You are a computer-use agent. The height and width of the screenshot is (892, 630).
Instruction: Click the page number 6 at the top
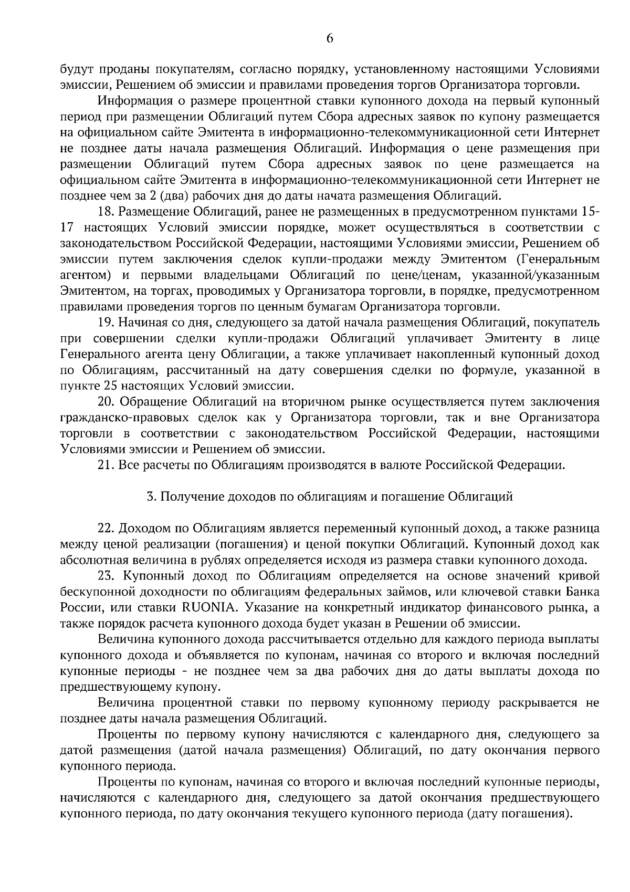[x=330, y=38]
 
